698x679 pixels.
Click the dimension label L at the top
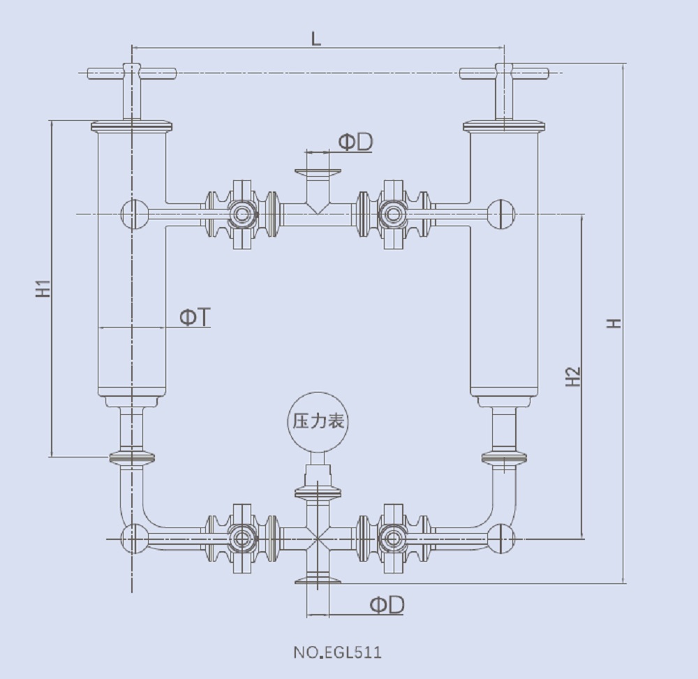tap(316, 39)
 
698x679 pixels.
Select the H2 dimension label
tap(574, 377)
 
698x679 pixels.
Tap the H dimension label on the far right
tap(614, 323)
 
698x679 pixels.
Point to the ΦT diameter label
tap(195, 318)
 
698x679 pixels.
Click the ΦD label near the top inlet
tap(355, 142)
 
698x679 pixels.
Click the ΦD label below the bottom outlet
tap(387, 605)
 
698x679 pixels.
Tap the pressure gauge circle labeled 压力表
tap(318, 422)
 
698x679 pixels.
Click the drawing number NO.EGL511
tap(337, 653)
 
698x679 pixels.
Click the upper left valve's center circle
tap(242, 214)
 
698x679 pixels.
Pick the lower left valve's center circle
tap(242, 539)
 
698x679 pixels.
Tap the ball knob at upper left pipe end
tap(133, 214)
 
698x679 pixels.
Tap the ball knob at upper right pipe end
tap(500, 214)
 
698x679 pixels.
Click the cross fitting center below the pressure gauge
tap(318, 539)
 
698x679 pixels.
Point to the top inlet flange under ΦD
tap(318, 172)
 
